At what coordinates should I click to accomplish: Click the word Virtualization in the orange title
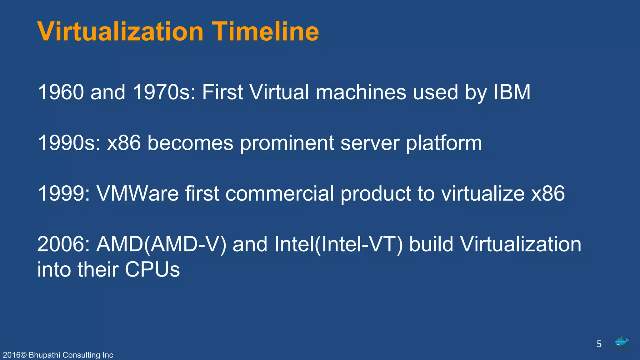click(x=120, y=32)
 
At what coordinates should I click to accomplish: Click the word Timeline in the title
click(x=265, y=32)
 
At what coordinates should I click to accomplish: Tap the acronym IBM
click(x=512, y=92)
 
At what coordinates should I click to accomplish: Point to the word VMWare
click(x=137, y=193)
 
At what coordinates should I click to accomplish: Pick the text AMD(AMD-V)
click(x=161, y=244)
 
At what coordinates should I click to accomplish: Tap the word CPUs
click(x=152, y=269)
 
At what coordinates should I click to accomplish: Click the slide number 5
click(x=599, y=344)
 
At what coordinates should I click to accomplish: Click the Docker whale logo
click(x=621, y=342)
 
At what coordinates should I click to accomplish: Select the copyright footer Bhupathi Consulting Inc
click(x=58, y=355)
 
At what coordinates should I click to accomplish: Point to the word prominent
click(x=287, y=143)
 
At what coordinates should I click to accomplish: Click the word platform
click(x=444, y=143)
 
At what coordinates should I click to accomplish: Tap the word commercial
click(x=279, y=193)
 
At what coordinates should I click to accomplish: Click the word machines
click(x=361, y=92)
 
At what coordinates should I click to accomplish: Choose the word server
click(x=370, y=143)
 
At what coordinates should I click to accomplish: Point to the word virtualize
click(x=483, y=193)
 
